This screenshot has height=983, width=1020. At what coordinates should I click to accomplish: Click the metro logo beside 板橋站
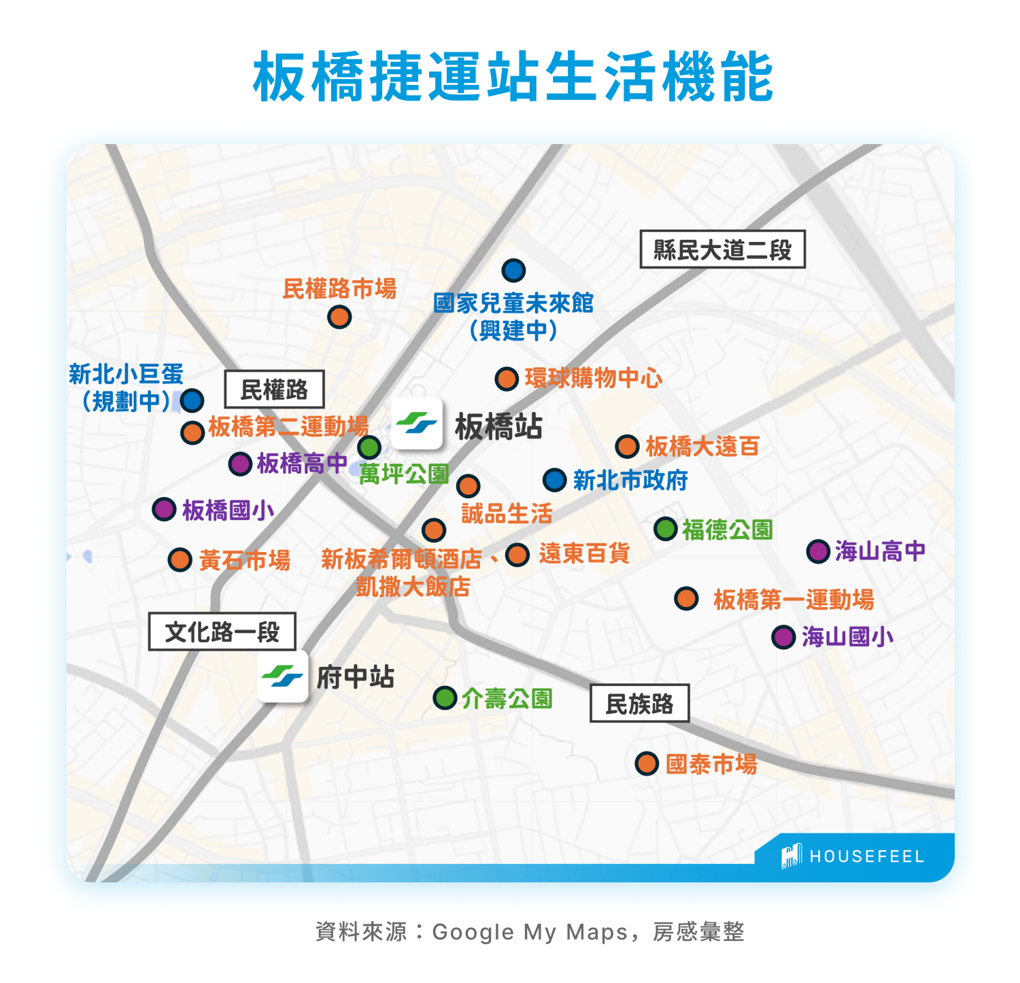point(417,423)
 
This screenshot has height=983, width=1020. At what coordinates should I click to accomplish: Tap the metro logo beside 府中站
point(282,676)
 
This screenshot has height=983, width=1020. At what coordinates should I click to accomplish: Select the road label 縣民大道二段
point(722,249)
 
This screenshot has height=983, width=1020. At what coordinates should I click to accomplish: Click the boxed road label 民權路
point(274,390)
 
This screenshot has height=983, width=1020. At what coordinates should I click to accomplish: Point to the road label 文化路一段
point(222,632)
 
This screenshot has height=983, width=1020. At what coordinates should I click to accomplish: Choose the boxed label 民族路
point(639,703)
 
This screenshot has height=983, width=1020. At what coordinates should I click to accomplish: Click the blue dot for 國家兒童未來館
point(513,271)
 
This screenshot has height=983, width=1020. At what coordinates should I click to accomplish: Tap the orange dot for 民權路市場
point(339,317)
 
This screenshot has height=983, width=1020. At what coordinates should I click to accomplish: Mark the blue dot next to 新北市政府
point(555,480)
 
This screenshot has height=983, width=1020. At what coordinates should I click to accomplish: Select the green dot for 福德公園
point(666,528)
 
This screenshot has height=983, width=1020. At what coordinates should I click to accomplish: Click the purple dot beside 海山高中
point(818,551)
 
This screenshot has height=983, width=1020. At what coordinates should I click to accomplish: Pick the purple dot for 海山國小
point(784,637)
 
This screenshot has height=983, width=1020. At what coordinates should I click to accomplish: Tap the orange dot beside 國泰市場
point(647,763)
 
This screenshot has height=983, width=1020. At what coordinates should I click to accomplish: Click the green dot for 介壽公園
point(445,697)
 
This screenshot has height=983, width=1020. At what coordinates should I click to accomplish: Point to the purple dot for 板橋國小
point(164,508)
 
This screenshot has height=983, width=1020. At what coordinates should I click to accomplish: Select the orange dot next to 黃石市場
point(180,560)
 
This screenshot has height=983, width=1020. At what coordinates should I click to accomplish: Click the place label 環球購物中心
point(593,379)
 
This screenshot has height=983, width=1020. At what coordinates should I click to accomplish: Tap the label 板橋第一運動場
point(794,600)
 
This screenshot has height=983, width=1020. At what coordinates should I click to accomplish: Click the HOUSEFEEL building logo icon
point(791,856)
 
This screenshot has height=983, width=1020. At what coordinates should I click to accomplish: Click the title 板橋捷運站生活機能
point(513,76)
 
